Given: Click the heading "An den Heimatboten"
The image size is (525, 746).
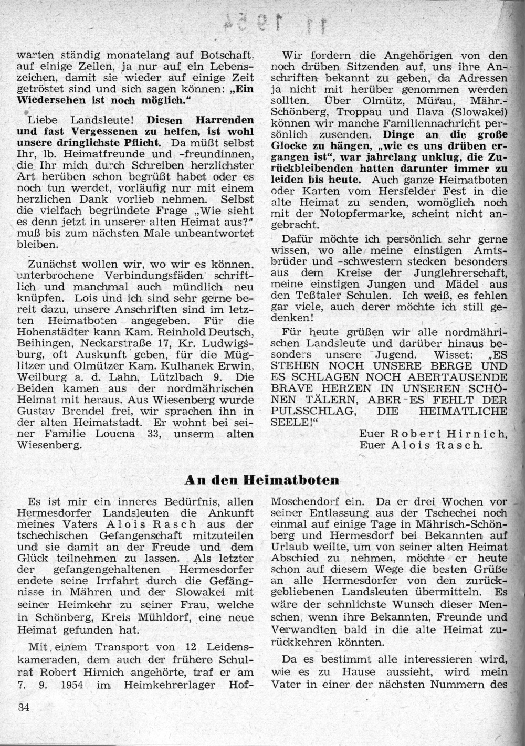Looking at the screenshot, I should (x=262, y=479).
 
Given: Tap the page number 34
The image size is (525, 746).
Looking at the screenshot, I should (x=23, y=706).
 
